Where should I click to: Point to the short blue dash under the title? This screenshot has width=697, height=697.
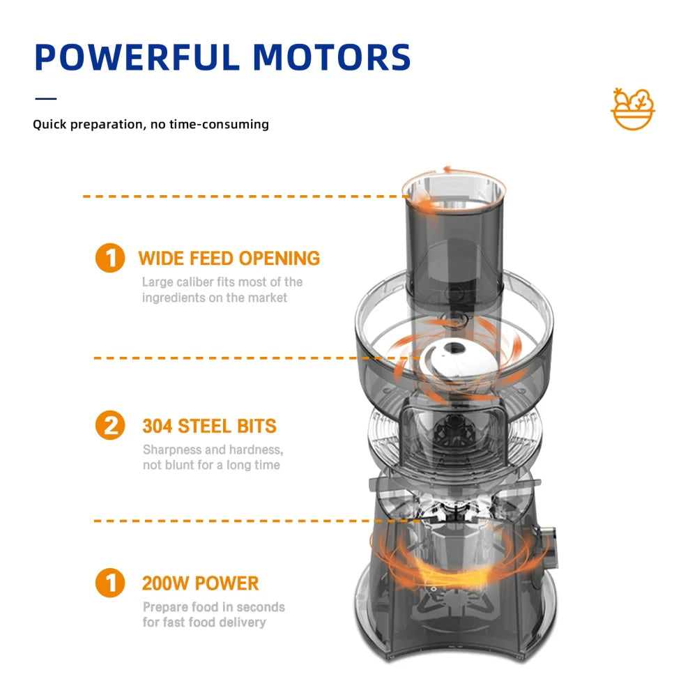click(45, 98)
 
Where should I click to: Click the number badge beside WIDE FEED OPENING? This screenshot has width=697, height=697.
click(109, 259)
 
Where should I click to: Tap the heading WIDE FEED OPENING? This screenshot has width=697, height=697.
click(229, 259)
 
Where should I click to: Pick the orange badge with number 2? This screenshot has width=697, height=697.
click(109, 425)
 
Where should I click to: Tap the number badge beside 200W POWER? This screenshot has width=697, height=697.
click(109, 583)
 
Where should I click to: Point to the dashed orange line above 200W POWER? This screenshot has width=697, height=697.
click(230, 521)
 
